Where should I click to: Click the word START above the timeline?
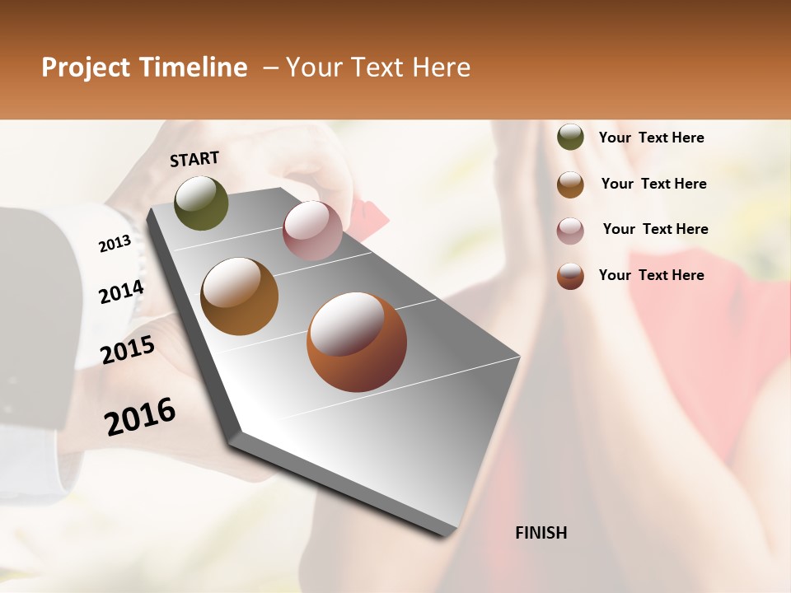point(194,159)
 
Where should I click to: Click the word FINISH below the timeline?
point(541,533)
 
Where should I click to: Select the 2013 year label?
point(115,243)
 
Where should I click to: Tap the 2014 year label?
point(122,292)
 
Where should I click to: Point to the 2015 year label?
point(128,350)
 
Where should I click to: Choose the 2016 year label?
point(140,417)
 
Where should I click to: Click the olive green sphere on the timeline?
point(201,203)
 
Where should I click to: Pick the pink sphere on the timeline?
point(312,231)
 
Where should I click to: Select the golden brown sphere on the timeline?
point(239,296)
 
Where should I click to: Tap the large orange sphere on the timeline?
point(357,342)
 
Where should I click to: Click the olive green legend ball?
point(570,137)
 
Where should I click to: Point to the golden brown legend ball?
point(570,184)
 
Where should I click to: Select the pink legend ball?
point(570,230)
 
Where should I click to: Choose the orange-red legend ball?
point(570,276)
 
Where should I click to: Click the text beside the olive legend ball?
point(651,138)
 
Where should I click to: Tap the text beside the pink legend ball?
point(655,229)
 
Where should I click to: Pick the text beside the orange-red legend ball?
point(651,275)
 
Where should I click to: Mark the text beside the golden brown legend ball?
point(653,184)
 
